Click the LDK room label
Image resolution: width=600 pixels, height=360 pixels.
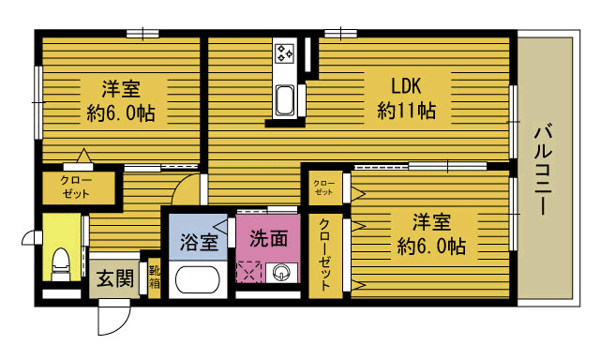click(406, 86)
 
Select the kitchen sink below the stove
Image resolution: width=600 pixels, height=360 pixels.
click(285, 99)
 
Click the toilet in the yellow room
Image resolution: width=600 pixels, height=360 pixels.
click(61, 264)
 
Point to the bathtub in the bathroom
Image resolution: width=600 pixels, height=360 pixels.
click(198, 279)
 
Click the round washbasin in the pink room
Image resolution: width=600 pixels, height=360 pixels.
click(281, 273)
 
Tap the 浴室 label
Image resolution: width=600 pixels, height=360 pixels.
click(199, 242)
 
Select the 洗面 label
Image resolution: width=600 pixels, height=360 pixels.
click(269, 238)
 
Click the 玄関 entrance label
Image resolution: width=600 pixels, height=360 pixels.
click(114, 278)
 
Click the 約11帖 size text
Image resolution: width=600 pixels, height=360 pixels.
click(406, 111)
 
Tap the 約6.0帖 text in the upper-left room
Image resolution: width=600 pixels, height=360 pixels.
click(121, 112)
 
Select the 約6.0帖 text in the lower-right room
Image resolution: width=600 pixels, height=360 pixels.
click(431, 246)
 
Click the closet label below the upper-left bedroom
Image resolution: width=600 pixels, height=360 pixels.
click(77, 187)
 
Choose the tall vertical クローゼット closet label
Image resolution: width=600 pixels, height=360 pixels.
click(325, 255)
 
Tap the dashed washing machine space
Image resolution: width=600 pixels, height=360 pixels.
click(248, 272)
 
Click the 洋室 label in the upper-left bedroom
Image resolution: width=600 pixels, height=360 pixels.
click(121, 89)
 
